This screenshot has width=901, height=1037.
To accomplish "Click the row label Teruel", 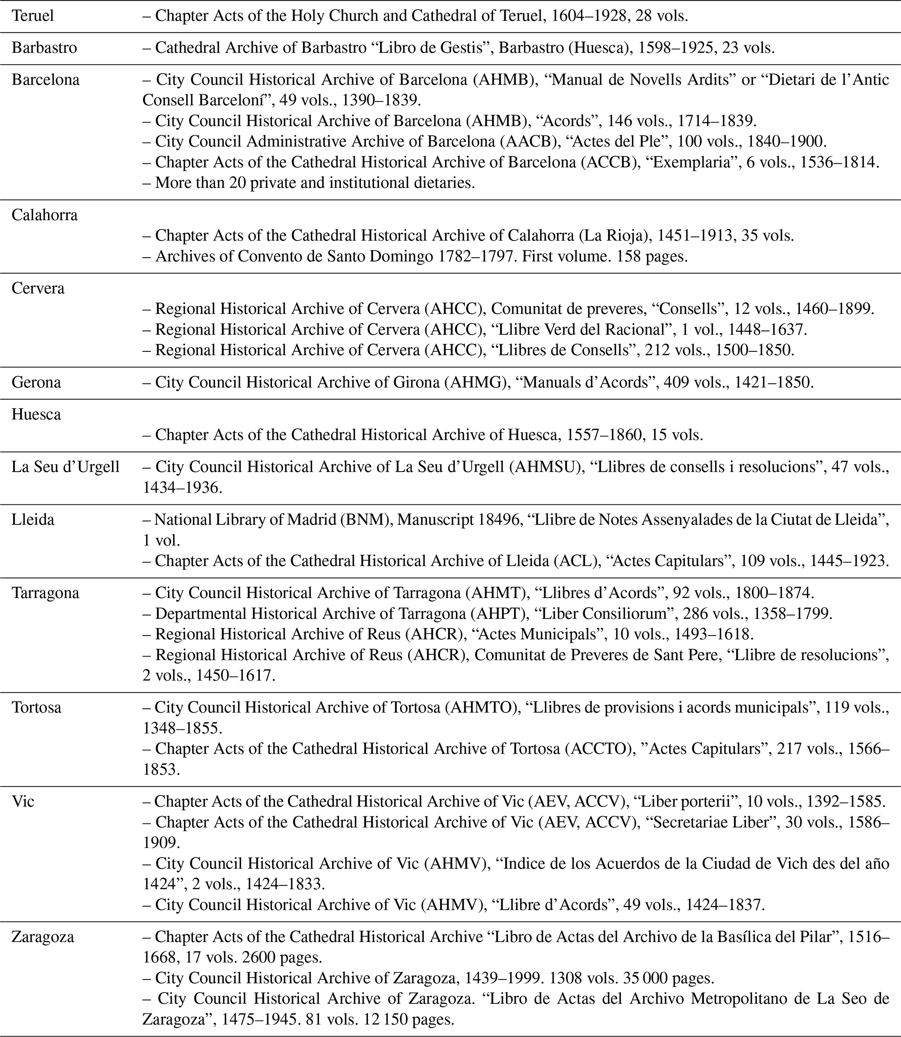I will [33, 16].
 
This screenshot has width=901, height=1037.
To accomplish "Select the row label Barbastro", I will [44, 48].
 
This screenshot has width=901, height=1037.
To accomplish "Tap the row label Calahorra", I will [45, 215].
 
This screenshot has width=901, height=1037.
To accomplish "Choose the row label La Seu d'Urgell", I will [65, 466].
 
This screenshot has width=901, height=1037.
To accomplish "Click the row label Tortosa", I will [37, 707].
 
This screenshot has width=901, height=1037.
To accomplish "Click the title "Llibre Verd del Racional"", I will [581, 329].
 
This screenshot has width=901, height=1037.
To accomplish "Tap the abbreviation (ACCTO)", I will [598, 748].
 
